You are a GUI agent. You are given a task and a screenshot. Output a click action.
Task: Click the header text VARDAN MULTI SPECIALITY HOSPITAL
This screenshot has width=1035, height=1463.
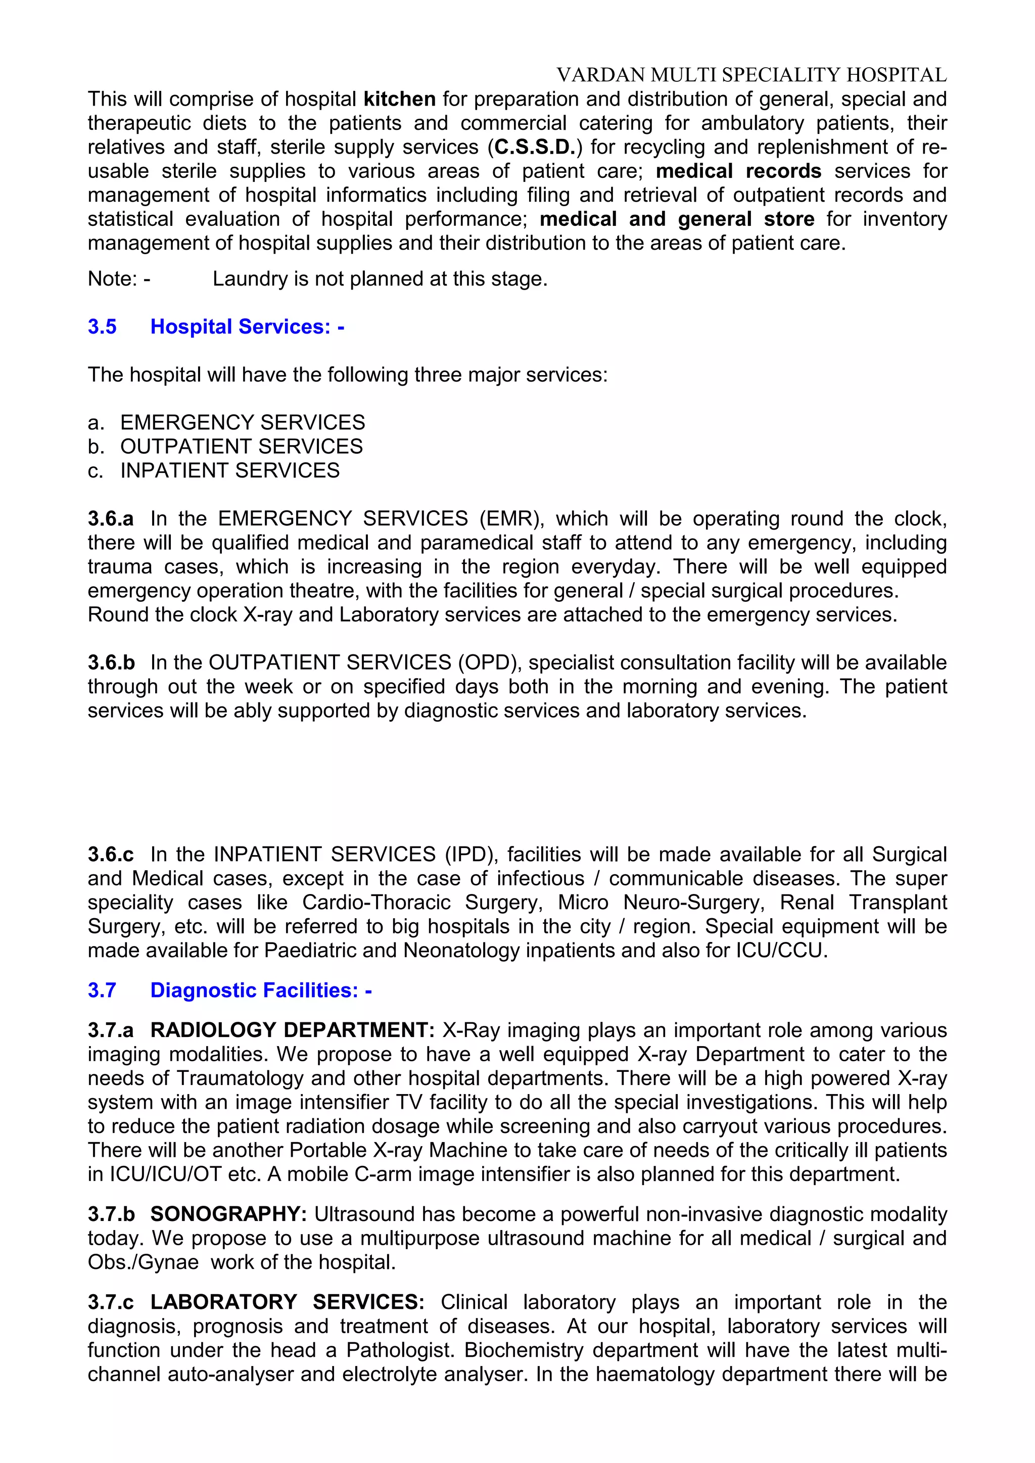point(751,75)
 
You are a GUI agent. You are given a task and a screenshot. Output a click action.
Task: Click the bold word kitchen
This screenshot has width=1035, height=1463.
point(400,100)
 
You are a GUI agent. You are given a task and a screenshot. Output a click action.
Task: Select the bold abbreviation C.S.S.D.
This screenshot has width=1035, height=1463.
point(535,147)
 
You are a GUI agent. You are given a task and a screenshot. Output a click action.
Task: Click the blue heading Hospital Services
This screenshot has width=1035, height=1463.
point(247,327)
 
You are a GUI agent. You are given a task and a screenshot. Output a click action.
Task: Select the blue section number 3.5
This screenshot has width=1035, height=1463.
point(102,327)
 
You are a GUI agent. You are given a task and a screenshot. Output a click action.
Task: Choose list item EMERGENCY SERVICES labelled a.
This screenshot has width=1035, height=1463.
point(242,422)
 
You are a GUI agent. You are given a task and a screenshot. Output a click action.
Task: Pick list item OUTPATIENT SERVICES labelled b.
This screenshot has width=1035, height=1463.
point(241,447)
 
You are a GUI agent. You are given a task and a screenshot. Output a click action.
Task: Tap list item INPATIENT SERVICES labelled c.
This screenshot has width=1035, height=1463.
point(229,471)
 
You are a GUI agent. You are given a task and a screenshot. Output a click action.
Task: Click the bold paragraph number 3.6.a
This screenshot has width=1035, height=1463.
point(111,518)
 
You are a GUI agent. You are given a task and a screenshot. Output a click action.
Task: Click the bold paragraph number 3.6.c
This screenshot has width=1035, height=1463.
point(111,855)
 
